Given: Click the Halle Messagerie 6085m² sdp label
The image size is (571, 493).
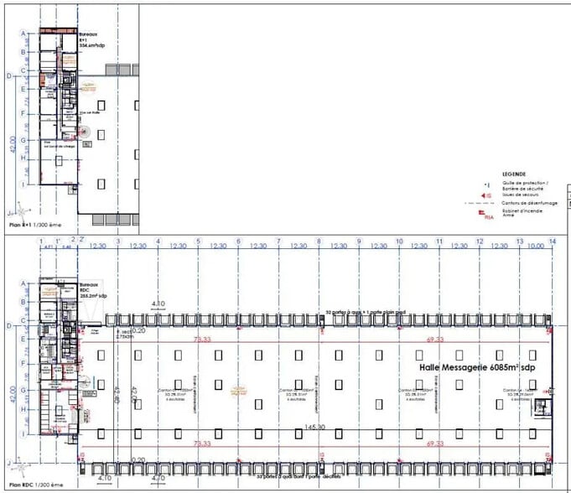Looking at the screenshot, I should (476, 367).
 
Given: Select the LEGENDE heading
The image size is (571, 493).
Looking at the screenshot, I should (513, 174).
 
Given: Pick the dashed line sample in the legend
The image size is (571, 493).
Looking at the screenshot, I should (483, 203).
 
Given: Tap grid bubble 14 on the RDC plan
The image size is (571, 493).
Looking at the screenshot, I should (552, 241).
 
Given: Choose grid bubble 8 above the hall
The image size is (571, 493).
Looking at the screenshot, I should (319, 241).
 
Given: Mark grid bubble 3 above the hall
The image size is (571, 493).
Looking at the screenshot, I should (118, 241).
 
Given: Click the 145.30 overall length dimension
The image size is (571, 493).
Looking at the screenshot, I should (316, 426).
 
